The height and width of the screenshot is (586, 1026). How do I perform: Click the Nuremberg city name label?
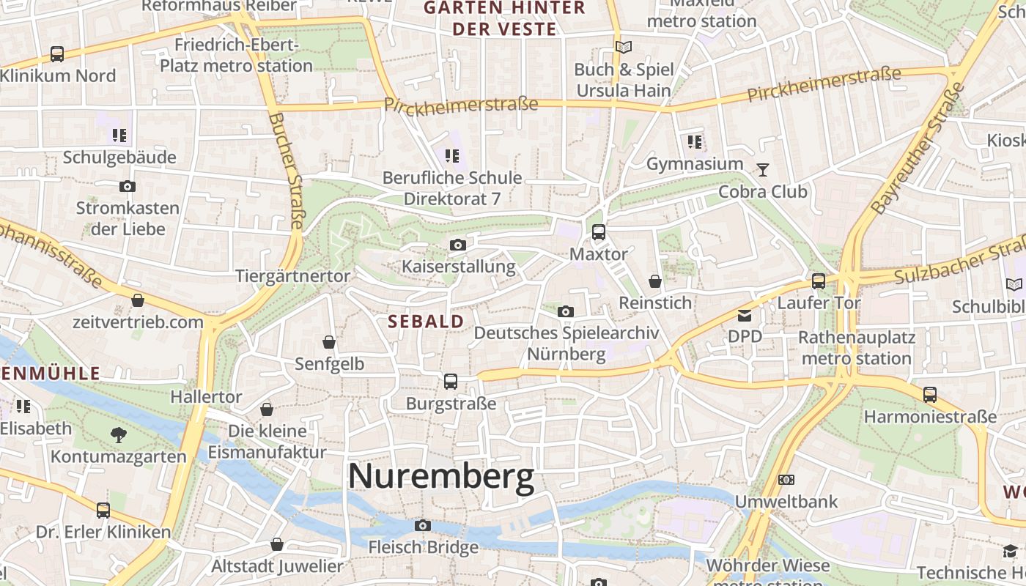(x=441, y=477)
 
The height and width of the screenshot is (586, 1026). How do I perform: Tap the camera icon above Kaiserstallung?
(x=458, y=245)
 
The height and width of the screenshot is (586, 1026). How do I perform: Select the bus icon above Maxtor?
(x=599, y=232)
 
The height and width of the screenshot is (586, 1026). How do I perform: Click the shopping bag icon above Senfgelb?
(x=329, y=342)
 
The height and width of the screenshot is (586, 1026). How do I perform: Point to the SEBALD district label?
(x=426, y=321)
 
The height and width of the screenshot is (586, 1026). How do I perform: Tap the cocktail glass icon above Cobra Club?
(x=763, y=170)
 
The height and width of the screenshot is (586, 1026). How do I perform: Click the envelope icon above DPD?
(x=745, y=316)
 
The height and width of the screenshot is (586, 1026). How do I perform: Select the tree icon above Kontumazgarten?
(x=118, y=435)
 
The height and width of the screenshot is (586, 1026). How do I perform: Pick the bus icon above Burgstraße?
(x=451, y=382)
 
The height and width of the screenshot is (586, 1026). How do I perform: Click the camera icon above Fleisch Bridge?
(x=422, y=525)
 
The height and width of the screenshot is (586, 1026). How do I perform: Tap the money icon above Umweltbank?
(x=786, y=480)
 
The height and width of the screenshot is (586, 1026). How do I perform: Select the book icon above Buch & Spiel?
(x=623, y=48)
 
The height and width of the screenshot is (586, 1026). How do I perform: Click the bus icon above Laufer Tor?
(x=819, y=281)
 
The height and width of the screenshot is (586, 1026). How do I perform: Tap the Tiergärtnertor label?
(x=293, y=275)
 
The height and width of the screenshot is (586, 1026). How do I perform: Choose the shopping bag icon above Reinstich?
(x=655, y=281)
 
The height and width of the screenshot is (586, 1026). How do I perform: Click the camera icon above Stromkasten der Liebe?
(x=128, y=187)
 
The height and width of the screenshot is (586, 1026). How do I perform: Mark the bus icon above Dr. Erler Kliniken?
(x=103, y=510)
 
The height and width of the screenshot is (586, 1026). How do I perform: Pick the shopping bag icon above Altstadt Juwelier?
(x=277, y=544)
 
